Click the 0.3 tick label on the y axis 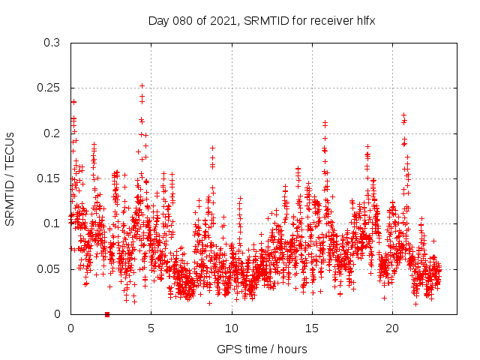click(52, 43)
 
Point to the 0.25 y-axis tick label click(50, 88)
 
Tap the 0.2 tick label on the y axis click(52, 133)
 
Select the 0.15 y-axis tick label click(50, 178)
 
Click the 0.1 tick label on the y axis click(52, 223)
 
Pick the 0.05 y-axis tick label click(50, 268)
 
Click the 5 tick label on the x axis click(151, 328)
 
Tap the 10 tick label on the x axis click(232, 328)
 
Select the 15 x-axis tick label click(312, 328)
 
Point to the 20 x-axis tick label click(392, 328)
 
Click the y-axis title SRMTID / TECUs click(10, 178)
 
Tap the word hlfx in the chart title click(365, 20)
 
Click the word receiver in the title click(330, 20)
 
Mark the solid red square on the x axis click(107, 314)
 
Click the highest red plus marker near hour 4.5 click(142, 85)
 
